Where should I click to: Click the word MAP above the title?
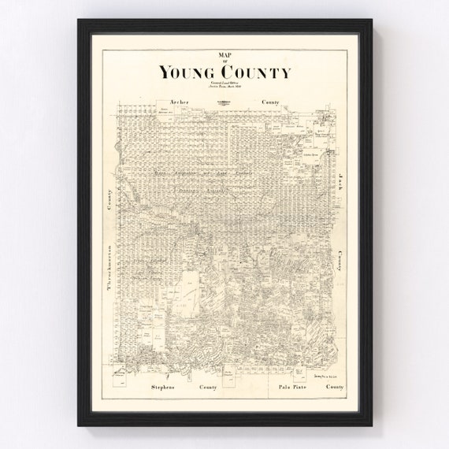point(224,54)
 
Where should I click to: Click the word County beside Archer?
point(273,102)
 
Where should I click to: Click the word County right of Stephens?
point(208,388)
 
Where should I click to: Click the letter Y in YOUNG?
point(165,73)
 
